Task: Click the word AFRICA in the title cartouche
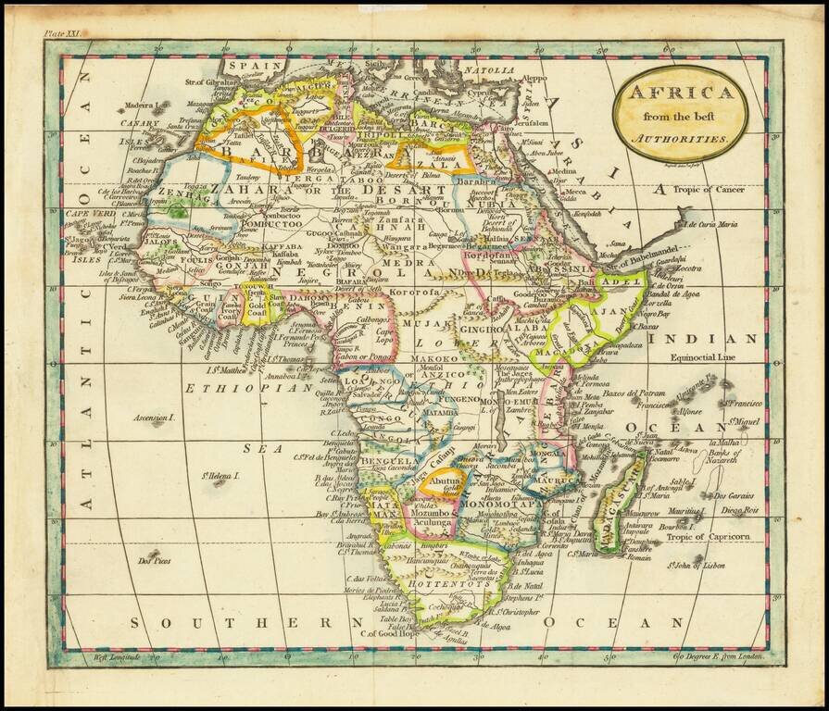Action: (680, 92)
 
